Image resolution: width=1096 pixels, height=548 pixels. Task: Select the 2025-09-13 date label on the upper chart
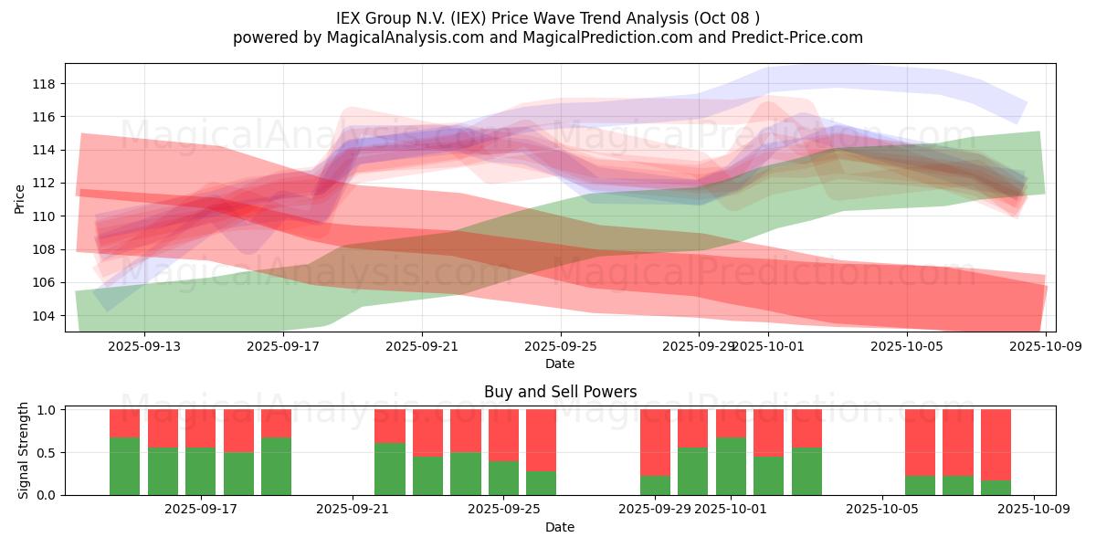(x=143, y=346)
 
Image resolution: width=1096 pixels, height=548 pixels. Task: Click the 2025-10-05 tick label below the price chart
(x=906, y=346)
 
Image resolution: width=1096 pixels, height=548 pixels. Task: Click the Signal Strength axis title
(x=25, y=451)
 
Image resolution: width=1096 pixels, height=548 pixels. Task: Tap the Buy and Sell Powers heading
(x=560, y=392)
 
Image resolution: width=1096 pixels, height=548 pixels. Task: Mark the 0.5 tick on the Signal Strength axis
(x=45, y=452)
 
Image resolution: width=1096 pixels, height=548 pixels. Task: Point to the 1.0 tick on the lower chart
(x=45, y=410)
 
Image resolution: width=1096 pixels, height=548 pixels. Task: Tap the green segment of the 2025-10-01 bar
(x=731, y=467)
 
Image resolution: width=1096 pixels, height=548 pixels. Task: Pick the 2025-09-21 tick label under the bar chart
(x=353, y=509)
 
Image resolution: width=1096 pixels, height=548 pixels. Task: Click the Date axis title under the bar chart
(x=560, y=527)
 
